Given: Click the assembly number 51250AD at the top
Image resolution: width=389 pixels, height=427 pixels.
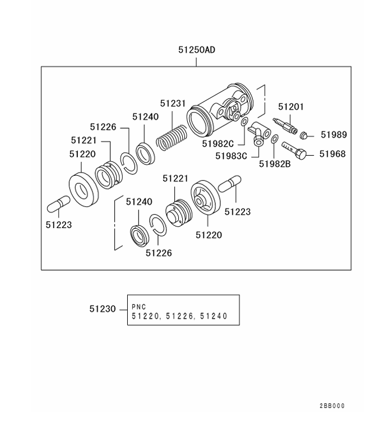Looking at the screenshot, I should point(197,50).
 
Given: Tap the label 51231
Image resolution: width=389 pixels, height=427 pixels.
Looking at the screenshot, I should point(172,103).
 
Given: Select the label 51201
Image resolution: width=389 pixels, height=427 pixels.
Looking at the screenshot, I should point(291,106).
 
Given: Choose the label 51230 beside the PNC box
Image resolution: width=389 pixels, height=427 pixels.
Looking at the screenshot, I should point(102,309).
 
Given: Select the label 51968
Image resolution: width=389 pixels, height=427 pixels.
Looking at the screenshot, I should point(332,153).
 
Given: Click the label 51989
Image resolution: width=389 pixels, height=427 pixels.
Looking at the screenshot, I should point(334,135).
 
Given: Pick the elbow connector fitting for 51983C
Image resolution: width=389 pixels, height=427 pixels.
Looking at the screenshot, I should point(260,134).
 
